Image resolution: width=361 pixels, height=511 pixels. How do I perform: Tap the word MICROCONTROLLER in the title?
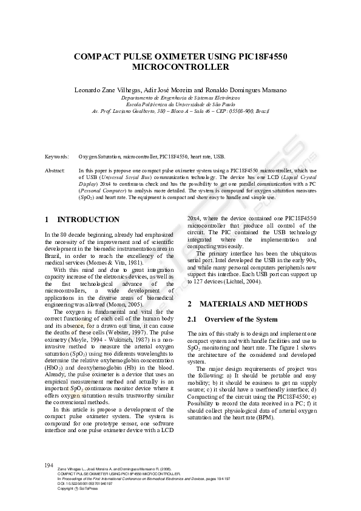[180, 67]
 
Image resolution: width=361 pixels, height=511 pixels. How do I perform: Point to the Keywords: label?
[56, 156]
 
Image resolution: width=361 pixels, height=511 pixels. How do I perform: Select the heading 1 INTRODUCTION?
[83, 220]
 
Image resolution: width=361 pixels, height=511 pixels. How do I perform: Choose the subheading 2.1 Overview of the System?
[232, 319]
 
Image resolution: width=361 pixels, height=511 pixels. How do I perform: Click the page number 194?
[50, 465]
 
